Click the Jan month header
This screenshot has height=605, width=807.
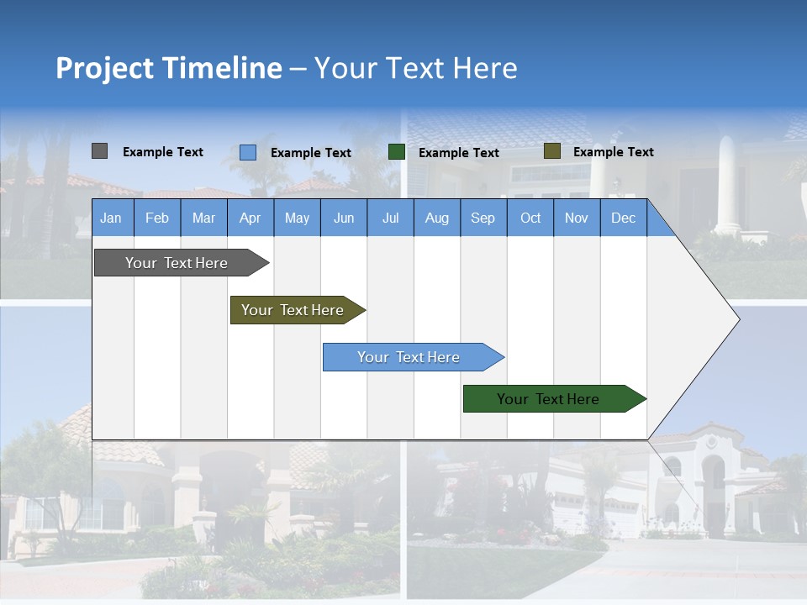click(111, 218)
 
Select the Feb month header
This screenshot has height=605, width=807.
click(157, 218)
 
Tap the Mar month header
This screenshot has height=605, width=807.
click(203, 218)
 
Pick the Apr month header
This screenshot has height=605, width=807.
click(250, 218)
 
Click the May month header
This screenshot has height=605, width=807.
click(297, 218)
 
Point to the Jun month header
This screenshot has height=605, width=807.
click(344, 218)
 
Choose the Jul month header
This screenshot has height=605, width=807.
click(390, 218)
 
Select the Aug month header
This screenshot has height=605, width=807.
click(436, 218)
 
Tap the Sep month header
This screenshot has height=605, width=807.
click(483, 218)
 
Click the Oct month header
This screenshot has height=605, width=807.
click(530, 218)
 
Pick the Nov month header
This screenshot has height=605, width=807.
click(577, 218)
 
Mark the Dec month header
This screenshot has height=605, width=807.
click(623, 218)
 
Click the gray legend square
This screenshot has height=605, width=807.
click(99, 151)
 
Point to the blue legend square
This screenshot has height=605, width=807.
click(248, 152)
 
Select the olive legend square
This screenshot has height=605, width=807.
click(551, 151)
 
